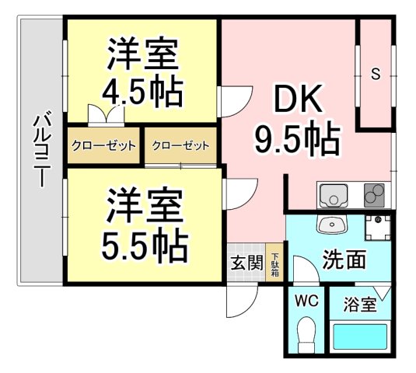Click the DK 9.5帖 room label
(x=297, y=120)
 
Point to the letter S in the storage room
(x=376, y=74)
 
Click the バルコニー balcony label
(x=42, y=149)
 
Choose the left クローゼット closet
(x=103, y=145)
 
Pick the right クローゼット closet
(x=180, y=145)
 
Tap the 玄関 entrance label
(x=246, y=263)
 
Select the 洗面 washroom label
(x=344, y=259)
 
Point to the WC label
(x=307, y=302)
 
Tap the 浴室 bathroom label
(x=360, y=305)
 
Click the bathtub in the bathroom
(x=360, y=336)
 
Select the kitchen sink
(x=334, y=195)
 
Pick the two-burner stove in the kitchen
(x=374, y=195)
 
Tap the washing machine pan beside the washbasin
(x=378, y=228)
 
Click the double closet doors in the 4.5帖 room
(x=106, y=114)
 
